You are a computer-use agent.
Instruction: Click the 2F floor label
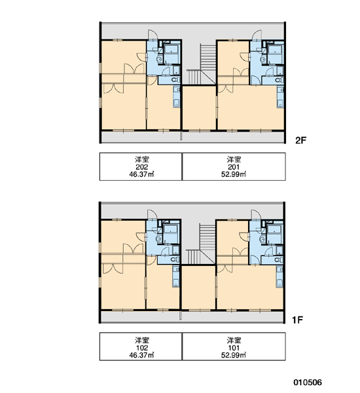click(x=300, y=140)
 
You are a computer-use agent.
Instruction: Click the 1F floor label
click(x=298, y=320)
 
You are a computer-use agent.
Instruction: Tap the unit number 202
click(x=142, y=167)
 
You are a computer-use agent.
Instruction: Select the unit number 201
click(x=234, y=167)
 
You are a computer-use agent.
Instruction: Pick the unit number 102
click(x=142, y=348)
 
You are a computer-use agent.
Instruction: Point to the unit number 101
click(x=234, y=348)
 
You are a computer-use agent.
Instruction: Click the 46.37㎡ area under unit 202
click(x=141, y=174)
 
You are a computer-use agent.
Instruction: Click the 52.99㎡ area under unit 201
click(x=234, y=174)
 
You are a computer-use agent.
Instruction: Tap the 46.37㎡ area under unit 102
click(x=141, y=355)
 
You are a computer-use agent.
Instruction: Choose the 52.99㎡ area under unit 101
click(x=234, y=355)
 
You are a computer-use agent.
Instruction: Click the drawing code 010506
click(x=308, y=383)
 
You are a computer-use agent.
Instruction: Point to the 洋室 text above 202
click(x=142, y=159)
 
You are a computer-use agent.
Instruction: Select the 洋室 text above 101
click(x=234, y=341)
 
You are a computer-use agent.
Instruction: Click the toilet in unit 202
click(x=175, y=80)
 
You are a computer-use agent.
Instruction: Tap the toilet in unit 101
click(x=279, y=259)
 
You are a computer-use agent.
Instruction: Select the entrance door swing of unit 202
click(x=153, y=35)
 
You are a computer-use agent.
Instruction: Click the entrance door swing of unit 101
click(x=257, y=215)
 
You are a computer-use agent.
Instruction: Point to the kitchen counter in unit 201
click(x=280, y=97)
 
